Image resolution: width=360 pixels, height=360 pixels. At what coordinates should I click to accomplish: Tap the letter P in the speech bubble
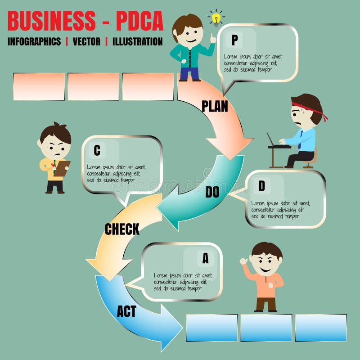click(x=234, y=40)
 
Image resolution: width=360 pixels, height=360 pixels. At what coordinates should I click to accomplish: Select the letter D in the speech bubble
click(x=261, y=185)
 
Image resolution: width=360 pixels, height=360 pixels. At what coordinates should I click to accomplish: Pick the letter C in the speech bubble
click(x=97, y=151)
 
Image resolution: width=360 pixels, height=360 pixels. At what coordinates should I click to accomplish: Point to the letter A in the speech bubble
click(x=205, y=258)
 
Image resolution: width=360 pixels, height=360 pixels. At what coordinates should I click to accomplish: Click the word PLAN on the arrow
click(x=215, y=106)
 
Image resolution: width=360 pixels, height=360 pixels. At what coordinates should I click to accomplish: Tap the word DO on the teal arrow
click(x=212, y=192)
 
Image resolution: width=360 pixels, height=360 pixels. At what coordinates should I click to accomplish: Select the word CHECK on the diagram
click(x=122, y=229)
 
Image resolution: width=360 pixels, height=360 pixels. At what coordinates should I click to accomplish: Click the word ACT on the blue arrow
click(x=126, y=311)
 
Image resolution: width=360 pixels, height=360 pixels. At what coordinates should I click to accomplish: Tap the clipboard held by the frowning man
click(x=61, y=168)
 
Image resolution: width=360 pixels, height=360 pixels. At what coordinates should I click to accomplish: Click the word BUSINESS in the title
click(x=52, y=21)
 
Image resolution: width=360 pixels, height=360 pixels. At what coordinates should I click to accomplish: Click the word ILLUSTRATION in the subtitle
click(x=137, y=42)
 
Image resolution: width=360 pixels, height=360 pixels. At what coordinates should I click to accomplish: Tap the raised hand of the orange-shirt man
click(x=244, y=261)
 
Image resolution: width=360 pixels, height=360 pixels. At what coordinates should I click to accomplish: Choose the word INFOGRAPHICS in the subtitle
click(x=34, y=42)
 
